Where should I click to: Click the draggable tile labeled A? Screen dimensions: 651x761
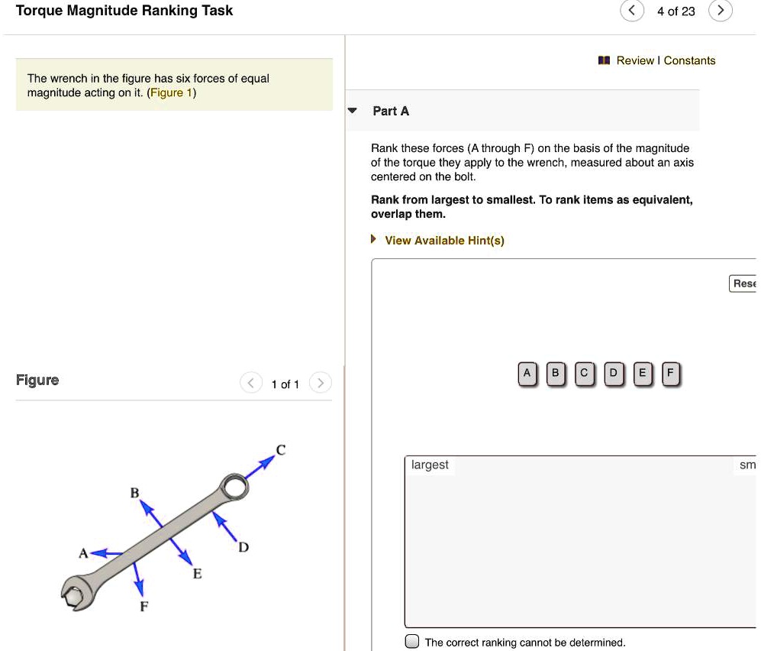coord(527,374)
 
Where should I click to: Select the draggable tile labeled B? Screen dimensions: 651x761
coord(556,374)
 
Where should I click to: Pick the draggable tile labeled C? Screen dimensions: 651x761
coord(584,374)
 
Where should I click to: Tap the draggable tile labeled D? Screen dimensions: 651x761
coord(613,374)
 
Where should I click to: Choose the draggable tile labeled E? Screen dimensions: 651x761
coord(642,374)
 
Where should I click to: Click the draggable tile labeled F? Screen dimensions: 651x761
coord(670,374)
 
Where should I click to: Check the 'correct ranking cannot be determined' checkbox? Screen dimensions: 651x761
coord(412,641)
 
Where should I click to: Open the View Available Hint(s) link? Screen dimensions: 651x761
coord(444,241)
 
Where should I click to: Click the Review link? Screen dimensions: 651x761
coord(634,60)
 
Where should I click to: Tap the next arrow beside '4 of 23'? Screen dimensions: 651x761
coord(720,11)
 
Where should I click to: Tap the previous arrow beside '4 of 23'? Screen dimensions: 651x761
coord(631,11)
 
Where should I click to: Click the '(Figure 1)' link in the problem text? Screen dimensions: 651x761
coord(172,92)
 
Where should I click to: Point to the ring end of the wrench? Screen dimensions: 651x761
coord(234,487)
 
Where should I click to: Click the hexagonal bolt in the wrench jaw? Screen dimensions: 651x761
coord(73,595)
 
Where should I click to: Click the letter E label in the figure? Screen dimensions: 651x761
coord(197,574)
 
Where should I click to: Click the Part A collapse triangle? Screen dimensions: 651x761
coord(352,111)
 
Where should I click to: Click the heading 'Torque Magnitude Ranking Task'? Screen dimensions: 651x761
coord(124,11)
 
